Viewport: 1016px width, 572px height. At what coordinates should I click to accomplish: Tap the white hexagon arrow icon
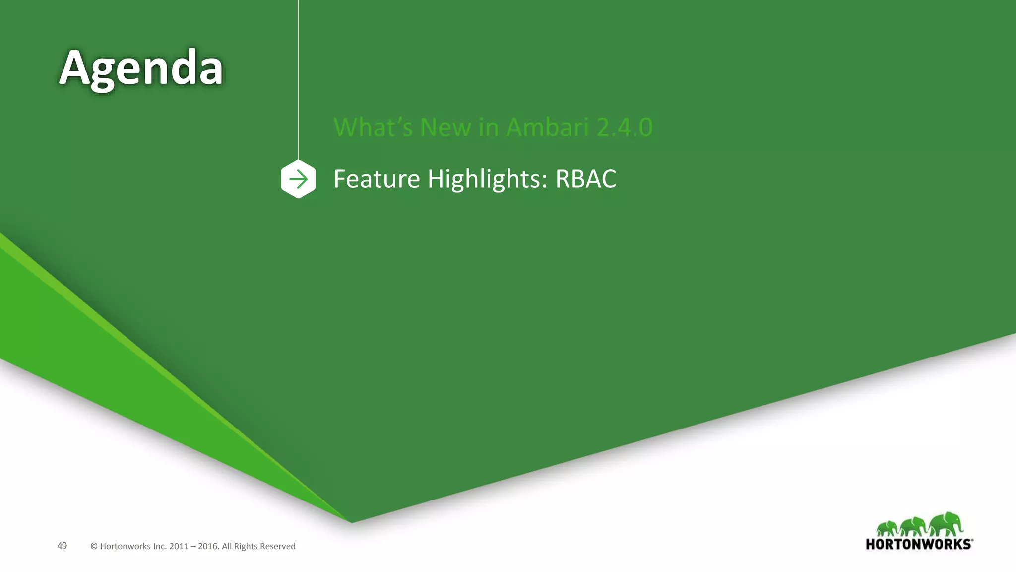coord(298,179)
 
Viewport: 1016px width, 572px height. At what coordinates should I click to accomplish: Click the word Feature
coord(377,179)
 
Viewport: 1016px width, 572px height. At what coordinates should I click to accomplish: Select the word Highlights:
coord(487,179)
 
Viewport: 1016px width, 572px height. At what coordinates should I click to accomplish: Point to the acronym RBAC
coord(585,179)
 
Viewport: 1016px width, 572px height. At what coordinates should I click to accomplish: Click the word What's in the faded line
coord(373,127)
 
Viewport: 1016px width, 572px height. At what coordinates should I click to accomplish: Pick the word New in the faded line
coord(445,127)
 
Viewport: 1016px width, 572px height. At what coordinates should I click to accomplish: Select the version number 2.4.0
coord(625,127)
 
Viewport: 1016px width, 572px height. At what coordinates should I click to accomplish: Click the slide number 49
coord(62,546)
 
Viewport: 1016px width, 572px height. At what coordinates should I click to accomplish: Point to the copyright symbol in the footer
coord(94,546)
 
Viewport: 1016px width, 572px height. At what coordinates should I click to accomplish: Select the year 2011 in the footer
coord(179,546)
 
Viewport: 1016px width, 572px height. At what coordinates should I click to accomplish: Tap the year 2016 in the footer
coord(208,546)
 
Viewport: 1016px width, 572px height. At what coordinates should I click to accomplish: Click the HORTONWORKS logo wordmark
coord(919,544)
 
